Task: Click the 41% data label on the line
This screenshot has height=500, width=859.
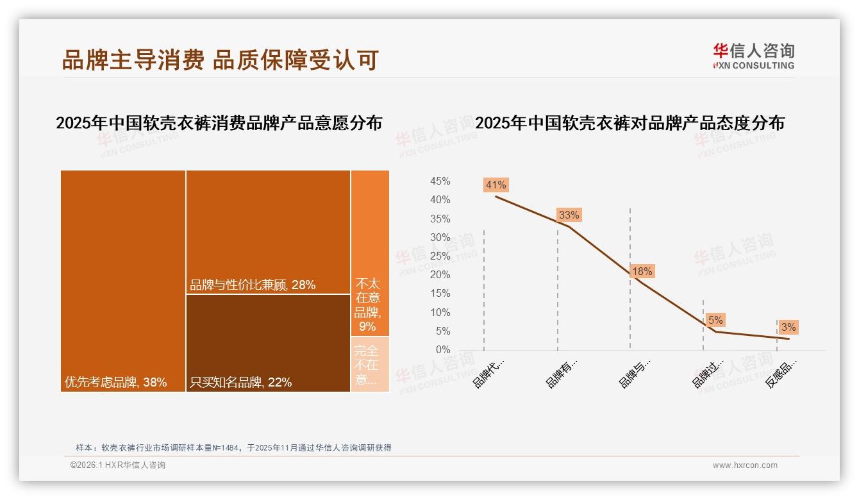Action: tap(496, 185)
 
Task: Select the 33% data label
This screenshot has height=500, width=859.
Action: tap(569, 215)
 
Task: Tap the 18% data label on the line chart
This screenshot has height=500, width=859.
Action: tap(642, 272)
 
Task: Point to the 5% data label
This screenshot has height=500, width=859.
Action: tap(715, 320)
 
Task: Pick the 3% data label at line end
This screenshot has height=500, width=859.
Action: tap(788, 328)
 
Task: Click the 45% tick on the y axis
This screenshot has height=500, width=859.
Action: tap(440, 181)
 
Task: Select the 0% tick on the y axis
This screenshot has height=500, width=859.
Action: tap(443, 350)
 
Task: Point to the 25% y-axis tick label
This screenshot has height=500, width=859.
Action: tap(440, 256)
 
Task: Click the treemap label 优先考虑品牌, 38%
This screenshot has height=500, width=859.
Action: tap(115, 383)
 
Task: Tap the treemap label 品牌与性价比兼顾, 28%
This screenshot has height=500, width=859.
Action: tap(253, 285)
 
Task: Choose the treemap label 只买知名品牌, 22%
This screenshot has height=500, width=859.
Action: tap(240, 383)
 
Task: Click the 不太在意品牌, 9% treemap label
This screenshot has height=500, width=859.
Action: tap(367, 304)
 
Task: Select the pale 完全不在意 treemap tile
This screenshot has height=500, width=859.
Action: tap(370, 364)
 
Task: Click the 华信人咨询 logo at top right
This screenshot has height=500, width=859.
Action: tap(753, 56)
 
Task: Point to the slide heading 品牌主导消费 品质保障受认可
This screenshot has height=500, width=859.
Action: tap(220, 60)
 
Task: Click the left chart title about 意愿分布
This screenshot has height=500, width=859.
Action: tap(219, 123)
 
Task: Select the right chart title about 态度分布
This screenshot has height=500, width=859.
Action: tap(630, 123)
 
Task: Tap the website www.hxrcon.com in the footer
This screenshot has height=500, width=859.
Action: tap(745, 465)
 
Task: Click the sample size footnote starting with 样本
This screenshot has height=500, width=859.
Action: tap(233, 448)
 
